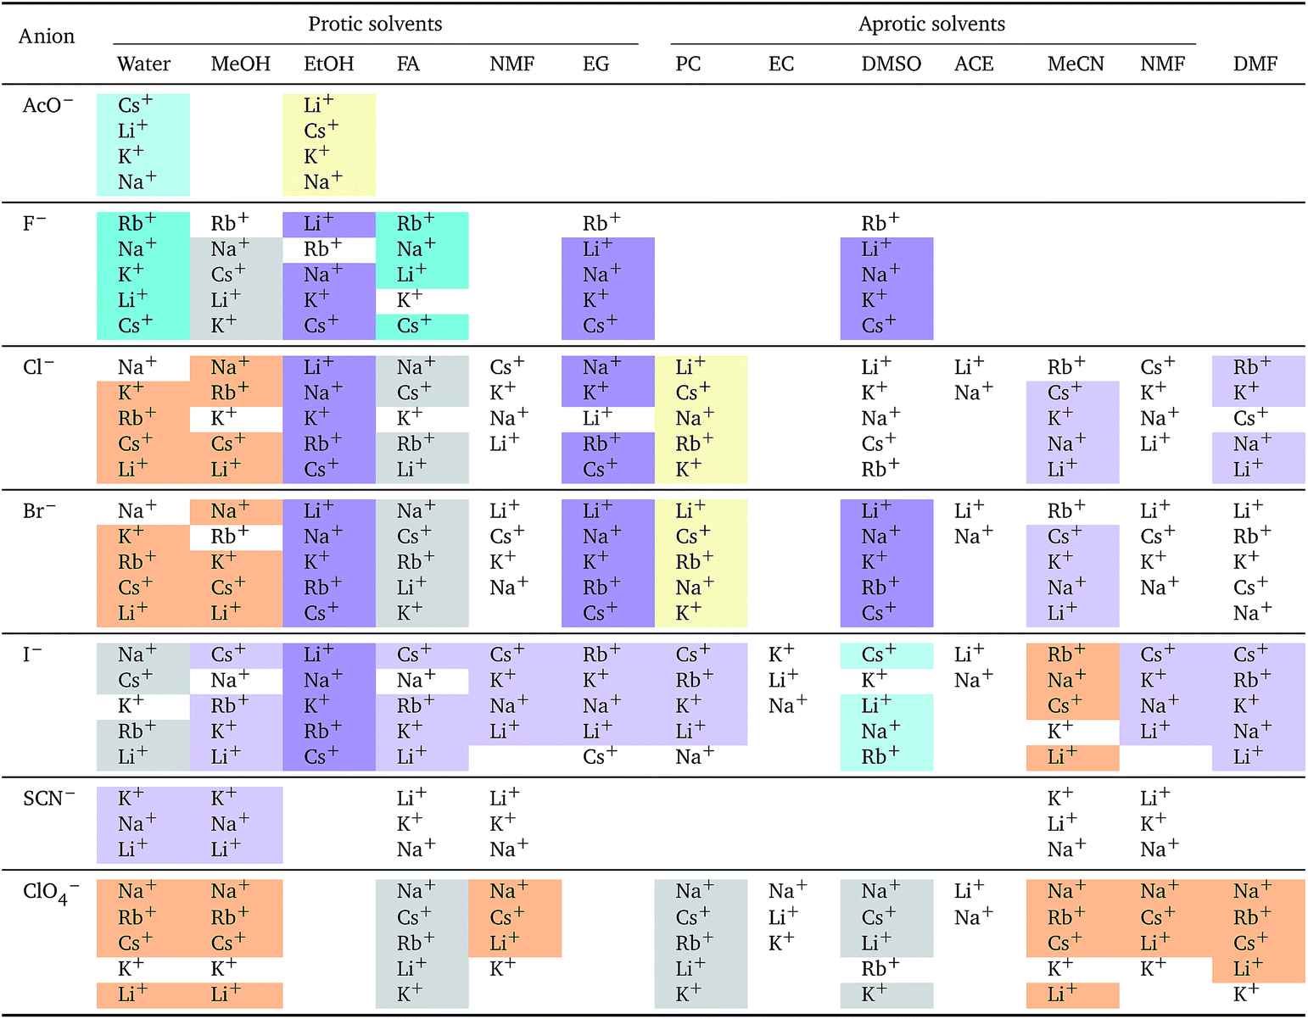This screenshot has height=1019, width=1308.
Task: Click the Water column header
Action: [143, 64]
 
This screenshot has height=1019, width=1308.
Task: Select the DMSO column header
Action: [891, 64]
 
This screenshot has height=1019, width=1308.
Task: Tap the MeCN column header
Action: [1075, 64]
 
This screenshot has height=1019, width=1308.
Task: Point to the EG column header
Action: [595, 64]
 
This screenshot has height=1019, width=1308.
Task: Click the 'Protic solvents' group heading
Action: [375, 24]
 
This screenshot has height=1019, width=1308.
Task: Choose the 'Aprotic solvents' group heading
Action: [931, 24]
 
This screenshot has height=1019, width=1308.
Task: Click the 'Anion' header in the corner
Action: [47, 36]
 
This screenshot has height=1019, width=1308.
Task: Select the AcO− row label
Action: [48, 106]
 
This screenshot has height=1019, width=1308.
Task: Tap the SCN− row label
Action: [48, 799]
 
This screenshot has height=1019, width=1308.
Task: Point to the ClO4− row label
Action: [50, 893]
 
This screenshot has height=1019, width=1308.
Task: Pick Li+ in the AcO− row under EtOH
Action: [318, 105]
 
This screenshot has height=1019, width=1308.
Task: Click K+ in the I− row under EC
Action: [780, 654]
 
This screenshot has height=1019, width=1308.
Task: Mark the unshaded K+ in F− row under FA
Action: [409, 300]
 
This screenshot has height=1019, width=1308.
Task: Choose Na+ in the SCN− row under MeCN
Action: [1065, 849]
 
